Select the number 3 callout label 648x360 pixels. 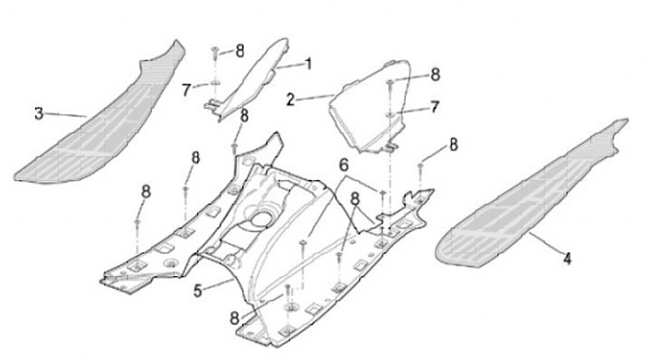(39, 112)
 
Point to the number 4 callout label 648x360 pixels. (567, 259)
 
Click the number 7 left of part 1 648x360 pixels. (187, 89)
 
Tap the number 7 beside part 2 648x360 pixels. (435, 107)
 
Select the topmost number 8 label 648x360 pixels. (239, 50)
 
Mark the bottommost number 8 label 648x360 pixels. (234, 317)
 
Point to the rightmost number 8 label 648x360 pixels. (453, 143)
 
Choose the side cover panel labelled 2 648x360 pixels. (369, 108)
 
